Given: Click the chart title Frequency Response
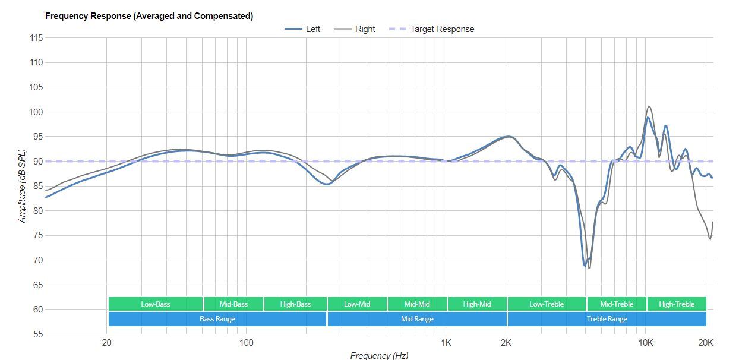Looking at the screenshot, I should click(149, 16).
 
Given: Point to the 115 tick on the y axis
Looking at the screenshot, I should click(36, 38).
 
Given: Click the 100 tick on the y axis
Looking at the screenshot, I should click(36, 112).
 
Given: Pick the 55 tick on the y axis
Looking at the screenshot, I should click(36, 334).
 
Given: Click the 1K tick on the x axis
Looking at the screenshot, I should click(446, 343).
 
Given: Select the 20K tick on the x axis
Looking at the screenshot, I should click(706, 343).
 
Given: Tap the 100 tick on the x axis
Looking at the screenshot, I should click(246, 343).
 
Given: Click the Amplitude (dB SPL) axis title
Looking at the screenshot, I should click(23, 186).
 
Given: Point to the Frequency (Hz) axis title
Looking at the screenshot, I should click(379, 355).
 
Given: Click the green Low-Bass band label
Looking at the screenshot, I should click(155, 304).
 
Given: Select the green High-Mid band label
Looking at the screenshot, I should click(477, 304).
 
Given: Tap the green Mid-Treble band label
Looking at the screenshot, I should click(616, 304).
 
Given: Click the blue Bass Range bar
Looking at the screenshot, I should click(217, 319).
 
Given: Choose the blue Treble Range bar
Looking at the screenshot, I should click(607, 319).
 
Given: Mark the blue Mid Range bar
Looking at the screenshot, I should click(417, 319).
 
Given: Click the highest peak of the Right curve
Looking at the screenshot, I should click(649, 106).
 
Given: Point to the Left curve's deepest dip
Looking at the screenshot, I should click(585, 266).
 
